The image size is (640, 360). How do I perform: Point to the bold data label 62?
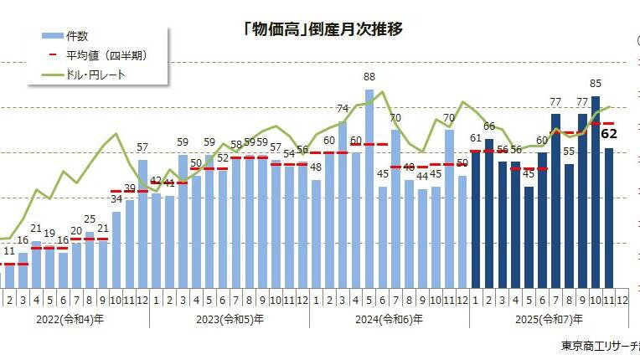[x=609, y=134]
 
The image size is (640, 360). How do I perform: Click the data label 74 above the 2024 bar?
[x=343, y=109]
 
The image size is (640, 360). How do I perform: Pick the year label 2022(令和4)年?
[x=69, y=319]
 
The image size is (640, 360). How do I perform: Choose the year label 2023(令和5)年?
[x=229, y=319]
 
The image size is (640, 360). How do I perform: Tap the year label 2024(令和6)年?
[x=389, y=319]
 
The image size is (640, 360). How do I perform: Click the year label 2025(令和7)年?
[x=549, y=319]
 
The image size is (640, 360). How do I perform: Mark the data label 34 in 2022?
[x=116, y=198]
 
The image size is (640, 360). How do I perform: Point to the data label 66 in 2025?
[x=489, y=126]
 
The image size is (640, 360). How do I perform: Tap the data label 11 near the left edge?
[x=8, y=250]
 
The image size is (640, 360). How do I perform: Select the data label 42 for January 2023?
[x=156, y=181]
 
